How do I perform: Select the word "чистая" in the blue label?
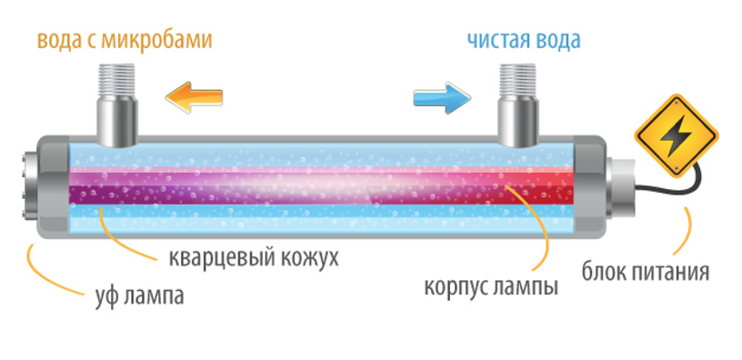(x=496, y=40)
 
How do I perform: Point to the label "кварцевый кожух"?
(x=254, y=258)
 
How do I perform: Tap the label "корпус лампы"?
(x=490, y=287)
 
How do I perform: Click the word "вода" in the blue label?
(x=556, y=40)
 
